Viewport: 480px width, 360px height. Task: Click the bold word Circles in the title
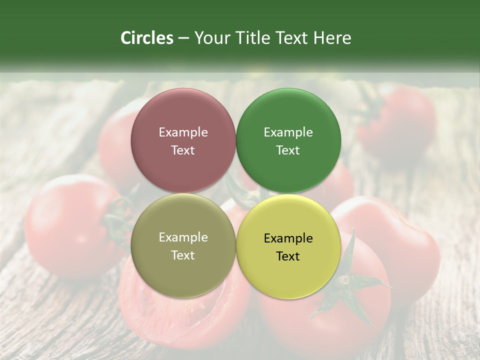pos(147,38)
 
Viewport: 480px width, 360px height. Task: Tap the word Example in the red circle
pos(183,132)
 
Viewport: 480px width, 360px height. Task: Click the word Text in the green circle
pos(288,150)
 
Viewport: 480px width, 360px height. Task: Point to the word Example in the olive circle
pos(183,237)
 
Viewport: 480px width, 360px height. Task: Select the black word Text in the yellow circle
pos(288,256)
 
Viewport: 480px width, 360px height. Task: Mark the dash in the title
pos(183,38)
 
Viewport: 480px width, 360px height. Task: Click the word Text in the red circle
pos(183,150)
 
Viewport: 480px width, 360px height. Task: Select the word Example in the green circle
pos(288,132)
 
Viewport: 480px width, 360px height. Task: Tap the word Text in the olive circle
pos(183,255)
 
